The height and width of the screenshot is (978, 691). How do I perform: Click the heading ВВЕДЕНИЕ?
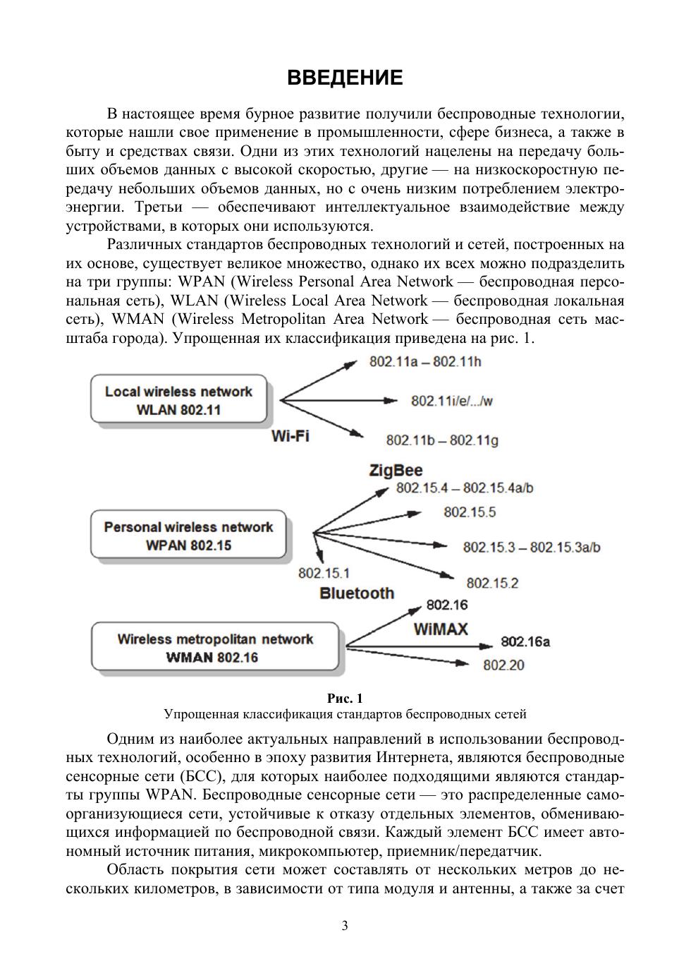[x=345, y=78]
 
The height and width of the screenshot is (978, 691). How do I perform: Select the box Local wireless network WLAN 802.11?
[x=178, y=401]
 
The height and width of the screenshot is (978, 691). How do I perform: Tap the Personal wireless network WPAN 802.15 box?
[x=188, y=536]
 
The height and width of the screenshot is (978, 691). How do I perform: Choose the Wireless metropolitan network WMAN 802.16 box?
[x=214, y=648]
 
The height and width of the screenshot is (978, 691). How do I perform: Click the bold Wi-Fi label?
[x=290, y=436]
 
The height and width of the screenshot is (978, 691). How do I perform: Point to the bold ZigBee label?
[x=396, y=471]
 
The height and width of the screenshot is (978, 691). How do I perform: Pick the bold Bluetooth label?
[x=357, y=593]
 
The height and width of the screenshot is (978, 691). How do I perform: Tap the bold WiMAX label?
[x=440, y=629]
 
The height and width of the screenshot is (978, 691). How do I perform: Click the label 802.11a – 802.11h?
[x=425, y=362]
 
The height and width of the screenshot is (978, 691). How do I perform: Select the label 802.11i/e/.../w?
[x=451, y=401]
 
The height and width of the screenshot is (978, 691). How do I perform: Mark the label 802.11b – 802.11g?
[x=442, y=440]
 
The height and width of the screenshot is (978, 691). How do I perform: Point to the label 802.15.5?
[x=470, y=512]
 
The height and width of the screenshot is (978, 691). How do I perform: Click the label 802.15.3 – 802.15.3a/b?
[x=532, y=547]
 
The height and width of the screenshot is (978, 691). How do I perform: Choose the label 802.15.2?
[x=492, y=583]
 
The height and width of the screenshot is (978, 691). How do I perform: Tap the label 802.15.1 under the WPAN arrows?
[x=324, y=573]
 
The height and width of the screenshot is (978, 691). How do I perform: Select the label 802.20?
[x=503, y=665]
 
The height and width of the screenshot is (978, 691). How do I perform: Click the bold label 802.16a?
[x=525, y=641]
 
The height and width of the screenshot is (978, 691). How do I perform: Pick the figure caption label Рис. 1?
[x=345, y=699]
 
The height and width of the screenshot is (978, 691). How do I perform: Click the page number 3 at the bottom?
[x=345, y=926]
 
